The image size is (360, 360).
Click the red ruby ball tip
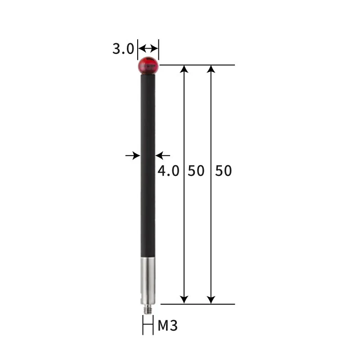coord(148,66)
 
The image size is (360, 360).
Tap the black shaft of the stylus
coord(148,162)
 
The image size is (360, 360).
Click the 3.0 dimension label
coord(123,49)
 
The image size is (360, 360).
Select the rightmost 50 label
coord(223,171)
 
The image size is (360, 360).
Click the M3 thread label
coord(167,326)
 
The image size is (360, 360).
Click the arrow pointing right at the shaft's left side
coord(133,155)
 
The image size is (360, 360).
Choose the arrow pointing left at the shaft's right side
coord(163,155)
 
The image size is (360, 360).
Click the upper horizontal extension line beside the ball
coord(198,65)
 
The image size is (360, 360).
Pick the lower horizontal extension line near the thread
coord(198,304)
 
